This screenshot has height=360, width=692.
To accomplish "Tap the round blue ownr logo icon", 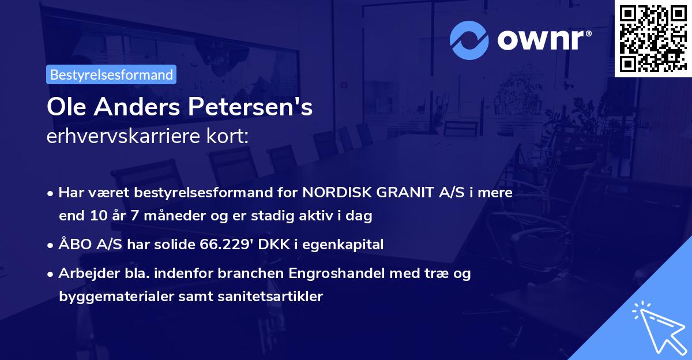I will (469, 40).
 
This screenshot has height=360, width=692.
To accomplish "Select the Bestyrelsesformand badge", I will (111, 74).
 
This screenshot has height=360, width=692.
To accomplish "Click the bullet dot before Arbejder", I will (51, 273).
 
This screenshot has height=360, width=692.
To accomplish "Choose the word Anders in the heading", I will (136, 108).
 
